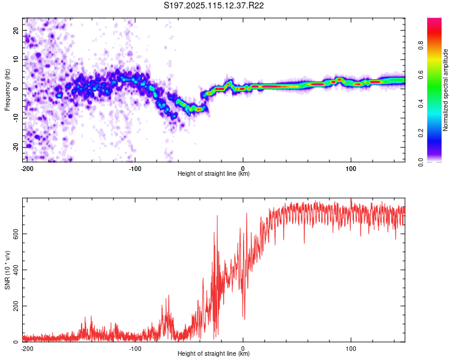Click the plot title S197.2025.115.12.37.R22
pyautogui.click(x=214, y=5)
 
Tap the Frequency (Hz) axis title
pyautogui.click(x=7, y=90)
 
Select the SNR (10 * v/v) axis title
pyautogui.click(x=7, y=270)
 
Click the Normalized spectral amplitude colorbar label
pyautogui.click(x=445, y=90)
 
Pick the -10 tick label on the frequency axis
pyautogui.click(x=16, y=118)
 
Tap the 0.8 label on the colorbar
pyautogui.click(x=421, y=46)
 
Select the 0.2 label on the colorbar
pyautogui.click(x=421, y=133)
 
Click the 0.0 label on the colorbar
pyautogui.click(x=421, y=162)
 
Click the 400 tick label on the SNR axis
pyautogui.click(x=16, y=270)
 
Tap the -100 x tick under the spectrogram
pyautogui.click(x=135, y=169)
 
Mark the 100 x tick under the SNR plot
pyautogui.click(x=351, y=349)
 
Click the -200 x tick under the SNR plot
pyautogui.click(x=27, y=349)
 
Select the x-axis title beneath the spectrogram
pyautogui.click(x=214, y=173)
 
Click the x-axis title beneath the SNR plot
pyautogui.click(x=214, y=353)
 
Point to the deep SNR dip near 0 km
pyautogui.click(x=244, y=318)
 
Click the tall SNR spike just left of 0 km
pyautogui.click(x=217, y=216)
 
